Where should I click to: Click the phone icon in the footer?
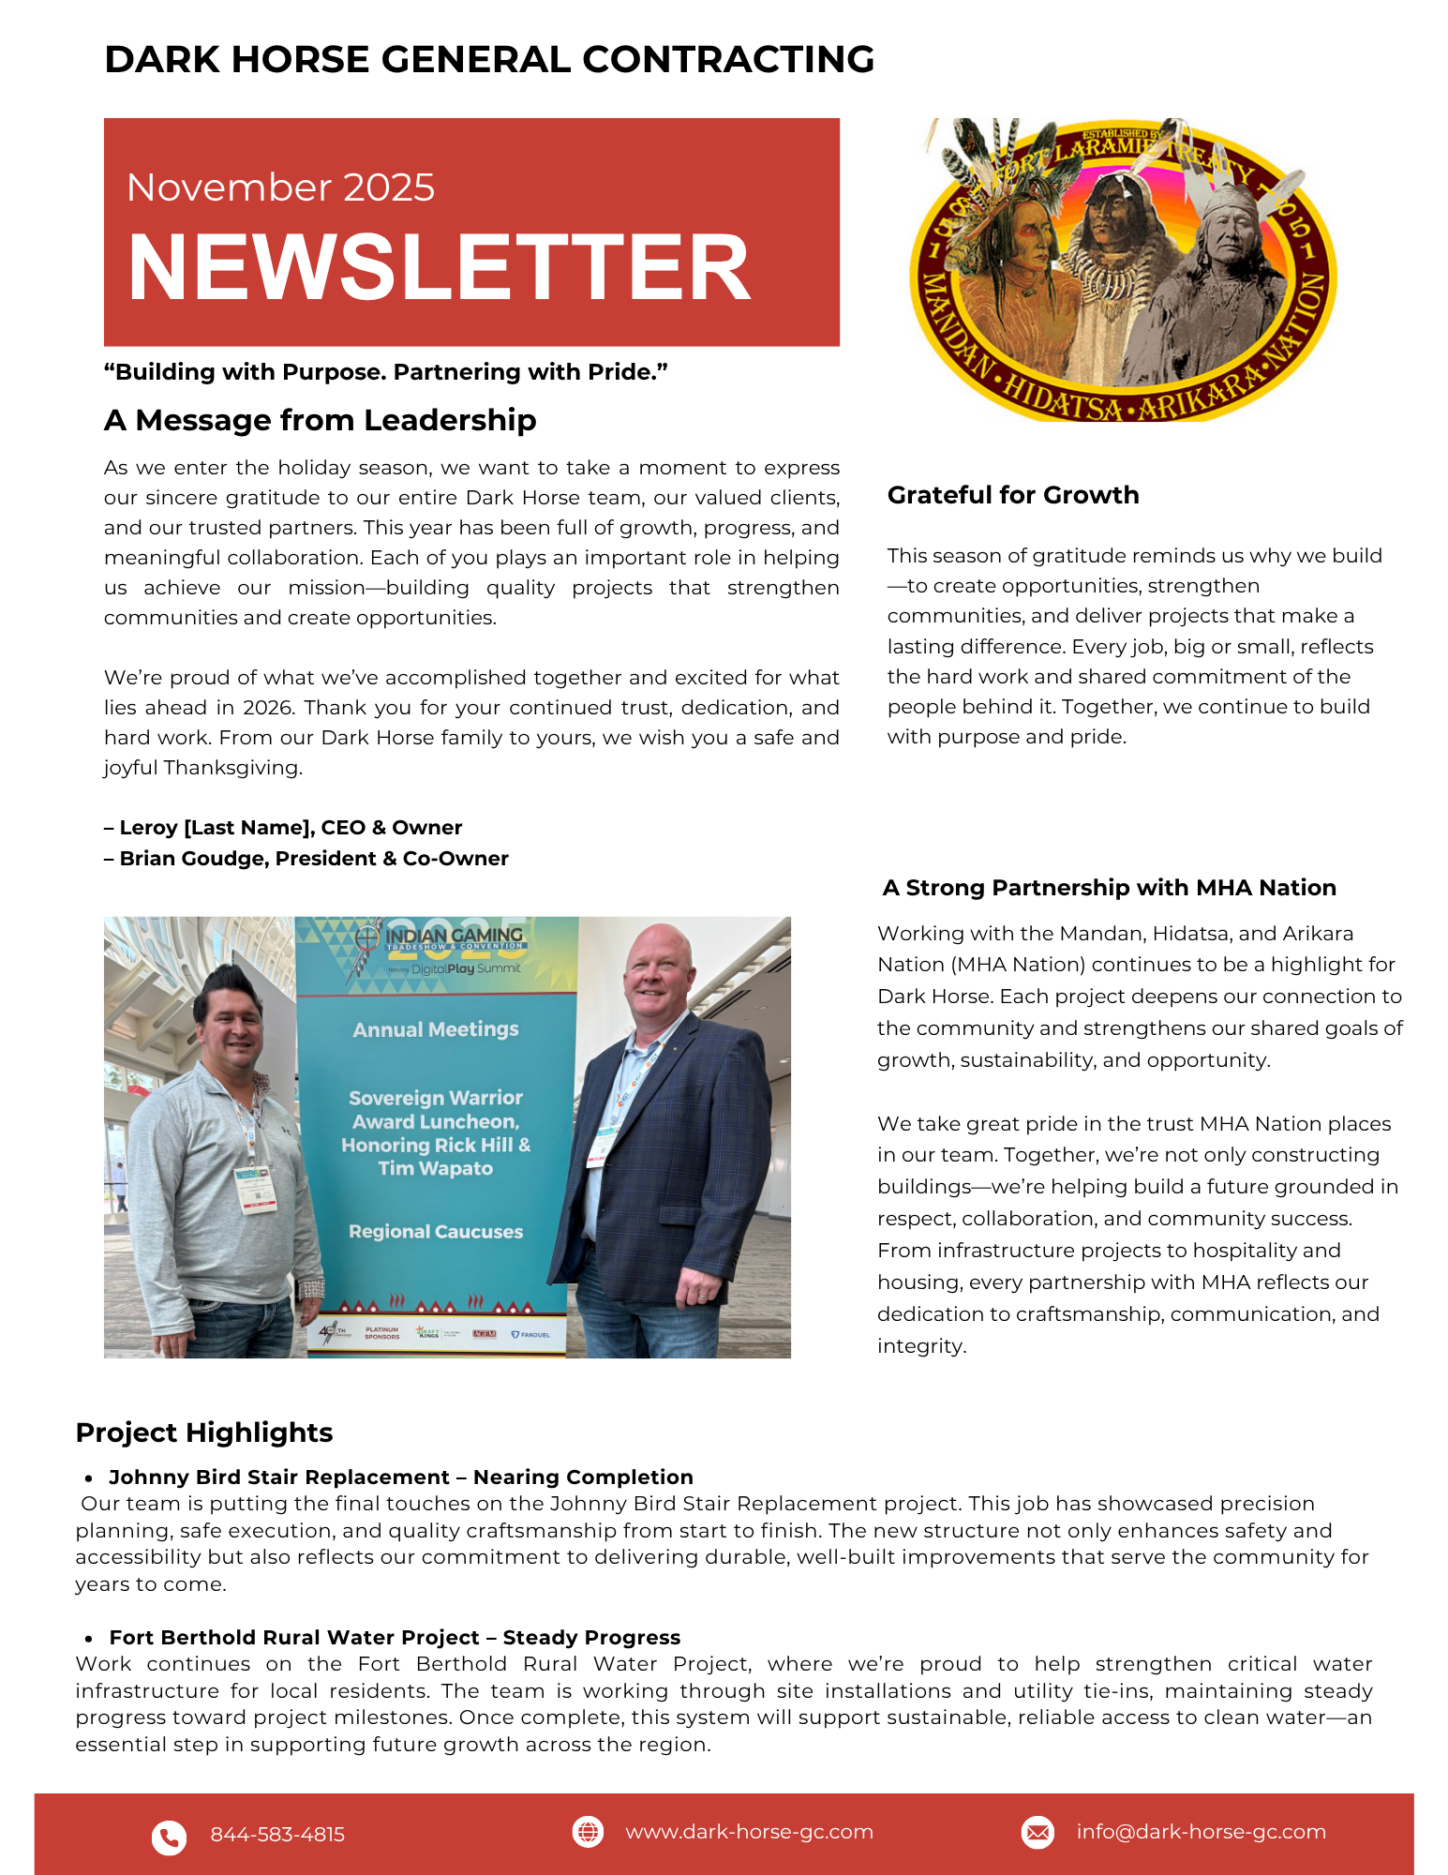pos(169,1837)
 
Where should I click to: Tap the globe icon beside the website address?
pos(588,1831)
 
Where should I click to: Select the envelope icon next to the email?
pos(1037,1832)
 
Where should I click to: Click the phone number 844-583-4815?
pos(277,1835)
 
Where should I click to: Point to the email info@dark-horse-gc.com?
pos(1201,1832)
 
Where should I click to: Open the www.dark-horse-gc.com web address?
pos(749,1832)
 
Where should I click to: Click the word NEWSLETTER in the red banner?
pos(439,268)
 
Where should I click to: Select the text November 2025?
pos(280,187)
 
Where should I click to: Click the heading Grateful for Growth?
pos(1012,495)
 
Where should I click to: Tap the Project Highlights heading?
pos(204,1432)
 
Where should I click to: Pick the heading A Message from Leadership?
pos(320,420)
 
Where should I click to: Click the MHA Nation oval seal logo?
pos(1122,270)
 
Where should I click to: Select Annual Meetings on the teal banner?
pos(436,1029)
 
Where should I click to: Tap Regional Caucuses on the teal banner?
pos(436,1232)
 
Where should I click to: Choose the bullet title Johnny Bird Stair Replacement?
pos(279,1477)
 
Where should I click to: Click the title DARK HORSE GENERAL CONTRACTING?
pos(489,59)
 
